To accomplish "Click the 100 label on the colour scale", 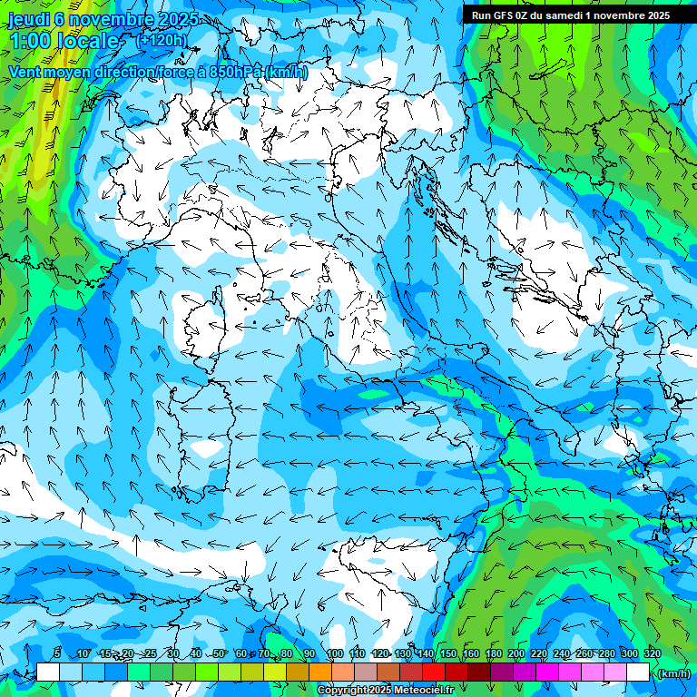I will coord(335,654).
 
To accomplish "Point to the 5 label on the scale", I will coord(57,654).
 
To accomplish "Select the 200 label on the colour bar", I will coord(516,654).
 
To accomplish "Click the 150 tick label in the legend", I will coord(448,654).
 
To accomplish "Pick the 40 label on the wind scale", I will coord(196,654).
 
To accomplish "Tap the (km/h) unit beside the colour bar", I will coord(672,673).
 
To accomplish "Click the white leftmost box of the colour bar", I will coord(48,672).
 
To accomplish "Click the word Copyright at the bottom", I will coord(342,691).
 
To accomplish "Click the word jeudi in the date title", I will coord(26,18).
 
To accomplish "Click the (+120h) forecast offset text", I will coord(162,40).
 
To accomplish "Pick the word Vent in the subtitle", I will coord(26,72).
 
